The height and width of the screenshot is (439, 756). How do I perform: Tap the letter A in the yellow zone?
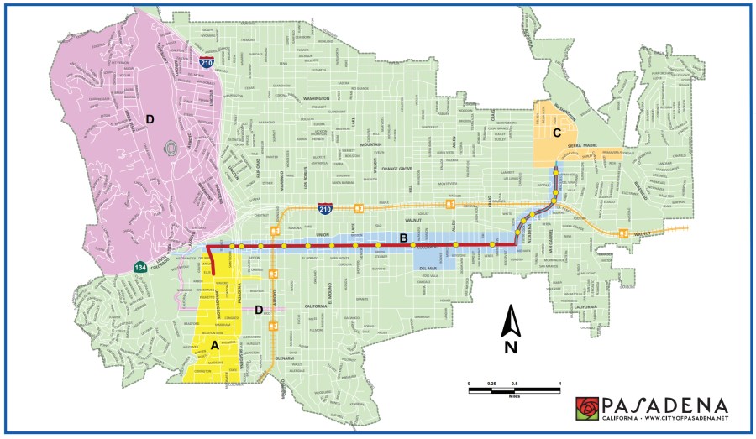coord(214,343)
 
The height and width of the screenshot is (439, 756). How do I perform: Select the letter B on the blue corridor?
coord(404,239)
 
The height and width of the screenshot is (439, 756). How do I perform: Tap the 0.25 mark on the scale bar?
coord(491,383)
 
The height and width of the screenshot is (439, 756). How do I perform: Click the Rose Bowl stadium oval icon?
coord(171,148)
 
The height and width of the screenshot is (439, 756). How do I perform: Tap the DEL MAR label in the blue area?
coord(428,269)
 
